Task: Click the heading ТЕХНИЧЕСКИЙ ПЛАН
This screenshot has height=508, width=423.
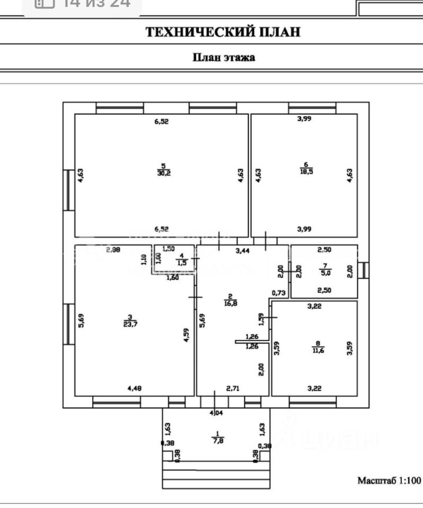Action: (223, 32)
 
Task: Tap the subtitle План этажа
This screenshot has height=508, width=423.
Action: (223, 57)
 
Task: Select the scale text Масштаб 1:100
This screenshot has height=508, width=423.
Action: (389, 481)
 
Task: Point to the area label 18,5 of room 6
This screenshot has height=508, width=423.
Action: (306, 172)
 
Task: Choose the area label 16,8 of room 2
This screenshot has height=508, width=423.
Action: (230, 303)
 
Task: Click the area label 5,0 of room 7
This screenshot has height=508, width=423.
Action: (325, 273)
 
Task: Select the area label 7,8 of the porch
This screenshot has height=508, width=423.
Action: (217, 440)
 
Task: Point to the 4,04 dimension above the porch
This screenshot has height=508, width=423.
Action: (216, 413)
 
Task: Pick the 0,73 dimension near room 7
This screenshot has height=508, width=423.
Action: (278, 293)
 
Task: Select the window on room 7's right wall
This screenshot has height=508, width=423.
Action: (363, 270)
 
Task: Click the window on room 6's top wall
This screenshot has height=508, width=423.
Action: (312, 107)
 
